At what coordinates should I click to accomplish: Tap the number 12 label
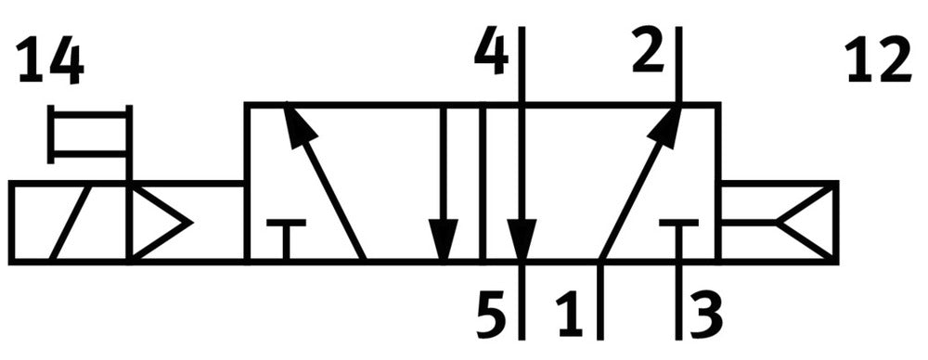878,59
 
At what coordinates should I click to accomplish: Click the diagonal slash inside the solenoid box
71,223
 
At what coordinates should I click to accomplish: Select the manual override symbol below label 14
89,134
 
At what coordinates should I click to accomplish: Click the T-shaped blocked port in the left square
286,239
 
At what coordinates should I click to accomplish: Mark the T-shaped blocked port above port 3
678,239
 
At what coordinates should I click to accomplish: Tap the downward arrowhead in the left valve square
444,239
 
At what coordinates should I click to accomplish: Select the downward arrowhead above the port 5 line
522,239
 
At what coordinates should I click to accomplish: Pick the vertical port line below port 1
600,301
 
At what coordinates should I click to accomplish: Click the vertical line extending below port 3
678,301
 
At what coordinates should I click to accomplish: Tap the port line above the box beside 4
522,65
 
